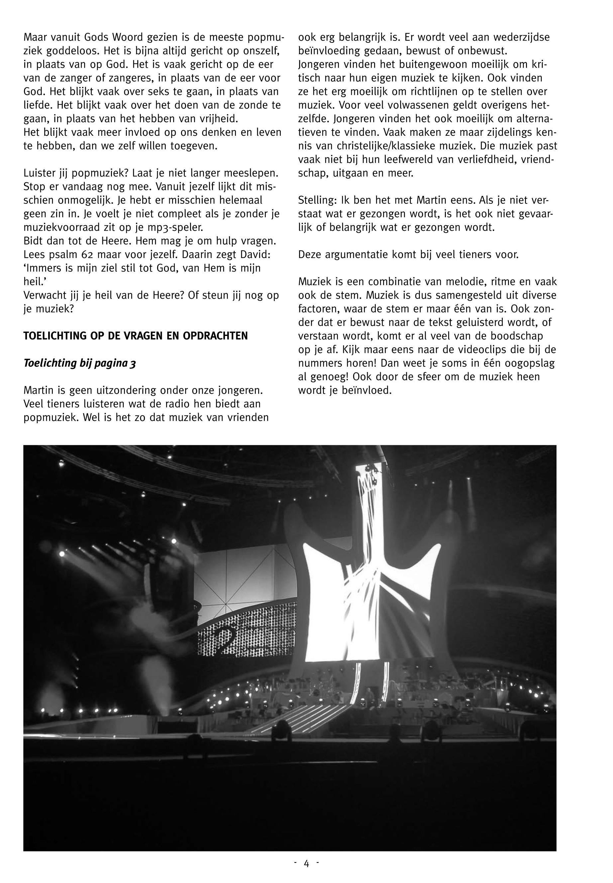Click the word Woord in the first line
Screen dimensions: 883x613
(x=131, y=38)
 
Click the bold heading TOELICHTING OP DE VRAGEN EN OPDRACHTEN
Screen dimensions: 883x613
(x=136, y=336)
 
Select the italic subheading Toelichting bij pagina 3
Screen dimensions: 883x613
(x=79, y=363)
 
